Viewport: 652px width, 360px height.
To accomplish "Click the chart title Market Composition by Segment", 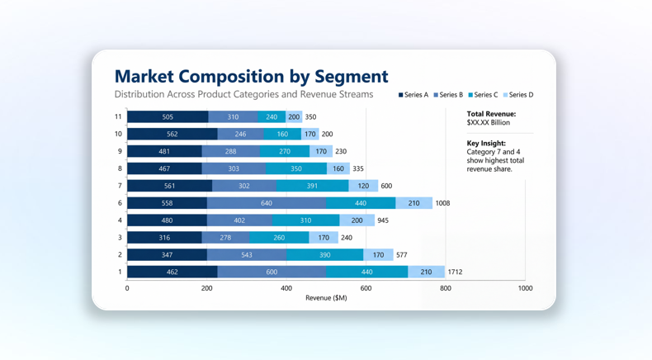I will [251, 76].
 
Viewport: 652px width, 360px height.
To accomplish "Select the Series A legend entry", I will [413, 95].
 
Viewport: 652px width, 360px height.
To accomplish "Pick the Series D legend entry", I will [518, 95].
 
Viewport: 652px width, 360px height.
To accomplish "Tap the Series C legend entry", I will [484, 95].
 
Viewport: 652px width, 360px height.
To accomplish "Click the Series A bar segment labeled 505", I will [168, 117].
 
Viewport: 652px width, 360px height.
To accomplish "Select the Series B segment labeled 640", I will [266, 203].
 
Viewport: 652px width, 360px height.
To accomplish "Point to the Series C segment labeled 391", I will [312, 186].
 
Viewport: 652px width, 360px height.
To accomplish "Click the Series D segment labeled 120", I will [363, 186].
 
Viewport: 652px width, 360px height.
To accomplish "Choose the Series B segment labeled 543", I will [246, 255].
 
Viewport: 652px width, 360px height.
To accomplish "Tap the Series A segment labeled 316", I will [164, 238].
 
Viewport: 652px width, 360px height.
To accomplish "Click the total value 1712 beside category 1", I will [455, 272].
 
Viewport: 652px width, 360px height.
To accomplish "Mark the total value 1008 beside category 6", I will [442, 203].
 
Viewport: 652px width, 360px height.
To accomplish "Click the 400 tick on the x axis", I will [286, 288].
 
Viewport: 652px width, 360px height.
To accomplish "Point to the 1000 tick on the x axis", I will [525, 288].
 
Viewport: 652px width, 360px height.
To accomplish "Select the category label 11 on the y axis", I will [118, 117].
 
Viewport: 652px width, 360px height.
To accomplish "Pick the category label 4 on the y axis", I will [120, 220].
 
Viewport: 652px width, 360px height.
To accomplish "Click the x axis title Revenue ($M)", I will [326, 298].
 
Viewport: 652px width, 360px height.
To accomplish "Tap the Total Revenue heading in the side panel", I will [491, 114].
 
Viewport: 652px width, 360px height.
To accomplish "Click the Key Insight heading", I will [486, 144].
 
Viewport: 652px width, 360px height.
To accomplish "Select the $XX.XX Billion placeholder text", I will [489, 123].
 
